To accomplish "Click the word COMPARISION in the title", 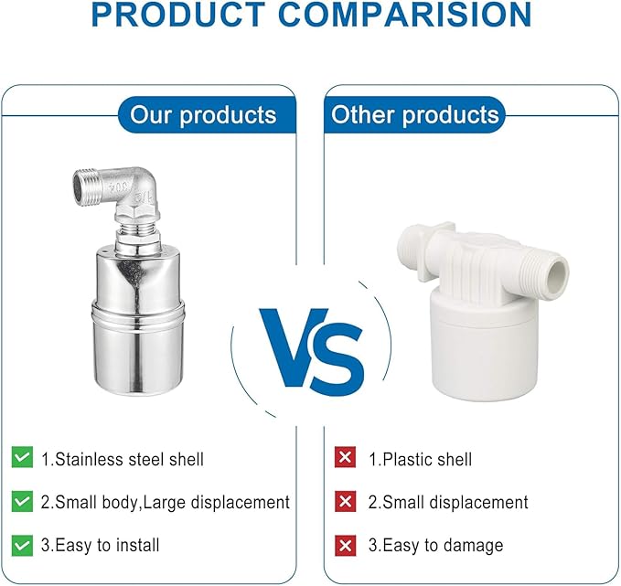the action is [405, 15].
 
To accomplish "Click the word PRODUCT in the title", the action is [178, 15].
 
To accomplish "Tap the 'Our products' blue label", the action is [207, 115].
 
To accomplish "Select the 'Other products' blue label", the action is [414, 115].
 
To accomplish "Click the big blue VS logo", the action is [312, 348].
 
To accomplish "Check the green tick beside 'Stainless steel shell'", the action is [22, 457].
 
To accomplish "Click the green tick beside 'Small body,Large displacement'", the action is [22, 501].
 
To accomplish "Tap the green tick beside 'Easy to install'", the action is [22, 545].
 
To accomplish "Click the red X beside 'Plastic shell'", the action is [345, 457].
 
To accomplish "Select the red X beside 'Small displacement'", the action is [345, 501].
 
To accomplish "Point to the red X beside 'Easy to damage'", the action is [345, 545].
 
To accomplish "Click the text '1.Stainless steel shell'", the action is [123, 460].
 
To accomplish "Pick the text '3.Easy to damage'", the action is [435, 546].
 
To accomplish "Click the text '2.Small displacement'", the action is [448, 502].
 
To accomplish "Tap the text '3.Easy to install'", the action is [101, 545].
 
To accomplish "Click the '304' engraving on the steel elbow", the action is [120, 185].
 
